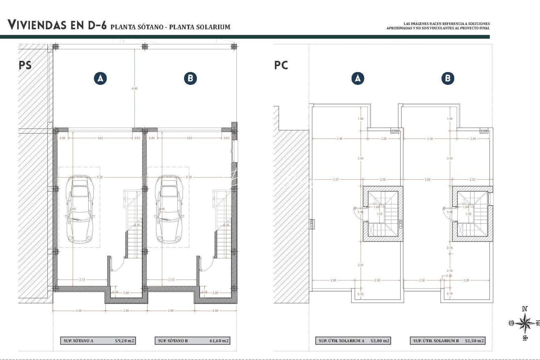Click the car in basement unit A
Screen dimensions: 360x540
tap(79, 209)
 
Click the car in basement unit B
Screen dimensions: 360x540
tap(169, 209)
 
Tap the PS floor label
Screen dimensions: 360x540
tap(25, 65)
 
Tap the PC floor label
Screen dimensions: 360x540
tap(281, 65)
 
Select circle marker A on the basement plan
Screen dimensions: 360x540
tap(100, 78)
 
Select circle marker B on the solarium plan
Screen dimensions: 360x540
tap(447, 78)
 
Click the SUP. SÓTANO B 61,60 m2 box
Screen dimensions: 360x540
tap(193, 341)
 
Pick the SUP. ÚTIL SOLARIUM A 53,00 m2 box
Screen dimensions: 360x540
tap(353, 341)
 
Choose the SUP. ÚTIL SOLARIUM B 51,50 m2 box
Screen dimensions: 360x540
tap(447, 341)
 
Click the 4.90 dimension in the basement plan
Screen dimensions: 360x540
tap(134, 89)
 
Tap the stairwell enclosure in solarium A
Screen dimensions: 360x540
tap(383, 214)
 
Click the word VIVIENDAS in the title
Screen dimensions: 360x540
tap(37, 25)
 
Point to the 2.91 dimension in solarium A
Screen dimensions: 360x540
tap(361, 265)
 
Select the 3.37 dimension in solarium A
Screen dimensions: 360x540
tap(335, 180)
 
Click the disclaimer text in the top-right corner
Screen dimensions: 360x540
tap(438, 26)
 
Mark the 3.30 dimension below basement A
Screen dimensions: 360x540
tap(78, 311)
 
